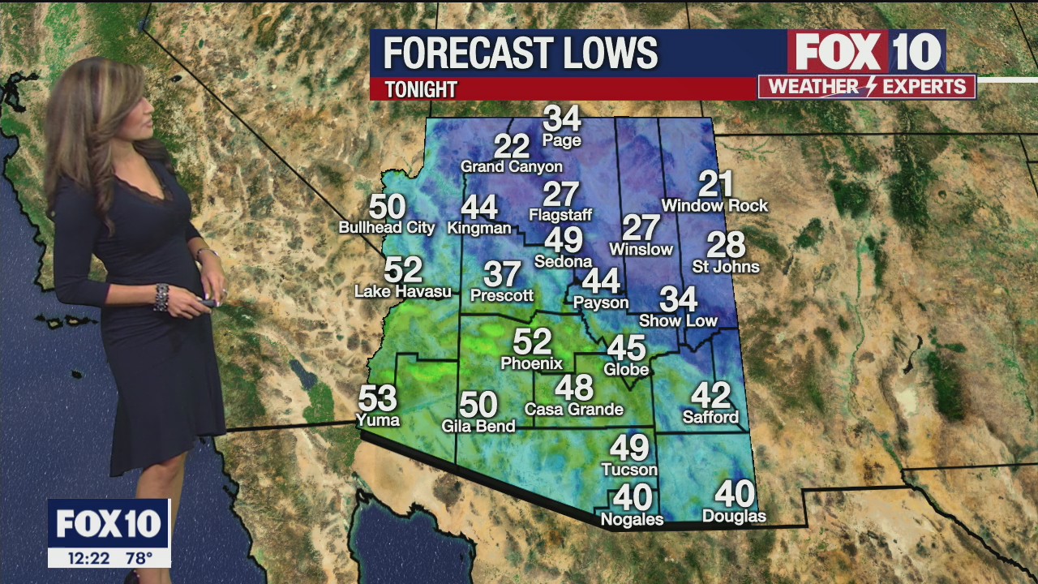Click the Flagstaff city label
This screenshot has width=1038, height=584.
(560, 215)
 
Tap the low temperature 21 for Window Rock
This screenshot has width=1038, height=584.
(715, 184)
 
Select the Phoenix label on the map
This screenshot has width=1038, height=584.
(531, 363)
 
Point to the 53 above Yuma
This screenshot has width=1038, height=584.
(377, 398)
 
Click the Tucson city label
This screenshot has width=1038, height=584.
(629, 470)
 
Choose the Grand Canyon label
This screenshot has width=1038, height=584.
(511, 167)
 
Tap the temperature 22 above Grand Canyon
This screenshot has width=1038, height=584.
(512, 146)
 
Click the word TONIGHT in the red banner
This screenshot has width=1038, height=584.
(421, 89)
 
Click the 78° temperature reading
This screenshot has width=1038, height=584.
(139, 558)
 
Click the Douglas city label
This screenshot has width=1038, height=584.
(734, 517)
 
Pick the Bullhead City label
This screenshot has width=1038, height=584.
(387, 228)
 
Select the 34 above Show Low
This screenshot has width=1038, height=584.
(678, 299)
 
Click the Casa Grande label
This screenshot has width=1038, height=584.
(573, 410)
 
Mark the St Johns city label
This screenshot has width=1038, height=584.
(726, 267)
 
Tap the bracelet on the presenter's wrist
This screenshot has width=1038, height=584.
(161, 297)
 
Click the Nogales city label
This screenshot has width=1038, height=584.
(632, 519)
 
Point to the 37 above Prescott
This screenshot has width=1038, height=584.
(502, 274)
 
